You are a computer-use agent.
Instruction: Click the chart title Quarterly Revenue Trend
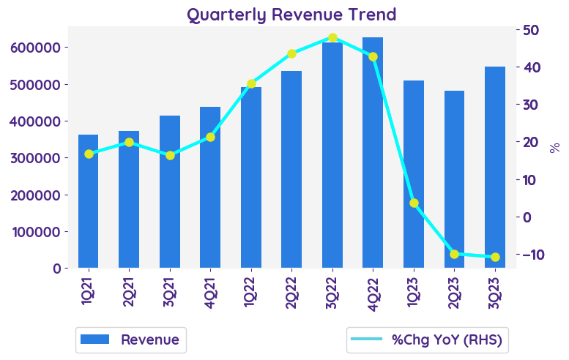point(291,15)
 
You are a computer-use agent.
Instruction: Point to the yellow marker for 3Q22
point(332,37)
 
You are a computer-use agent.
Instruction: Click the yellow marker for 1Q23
point(414,203)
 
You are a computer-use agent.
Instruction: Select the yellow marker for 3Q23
point(495,257)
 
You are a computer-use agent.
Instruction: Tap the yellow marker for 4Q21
point(210,137)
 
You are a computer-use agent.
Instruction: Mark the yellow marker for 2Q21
point(129,142)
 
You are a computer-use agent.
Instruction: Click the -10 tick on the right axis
point(529,255)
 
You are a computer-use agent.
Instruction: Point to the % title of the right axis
point(555,148)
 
